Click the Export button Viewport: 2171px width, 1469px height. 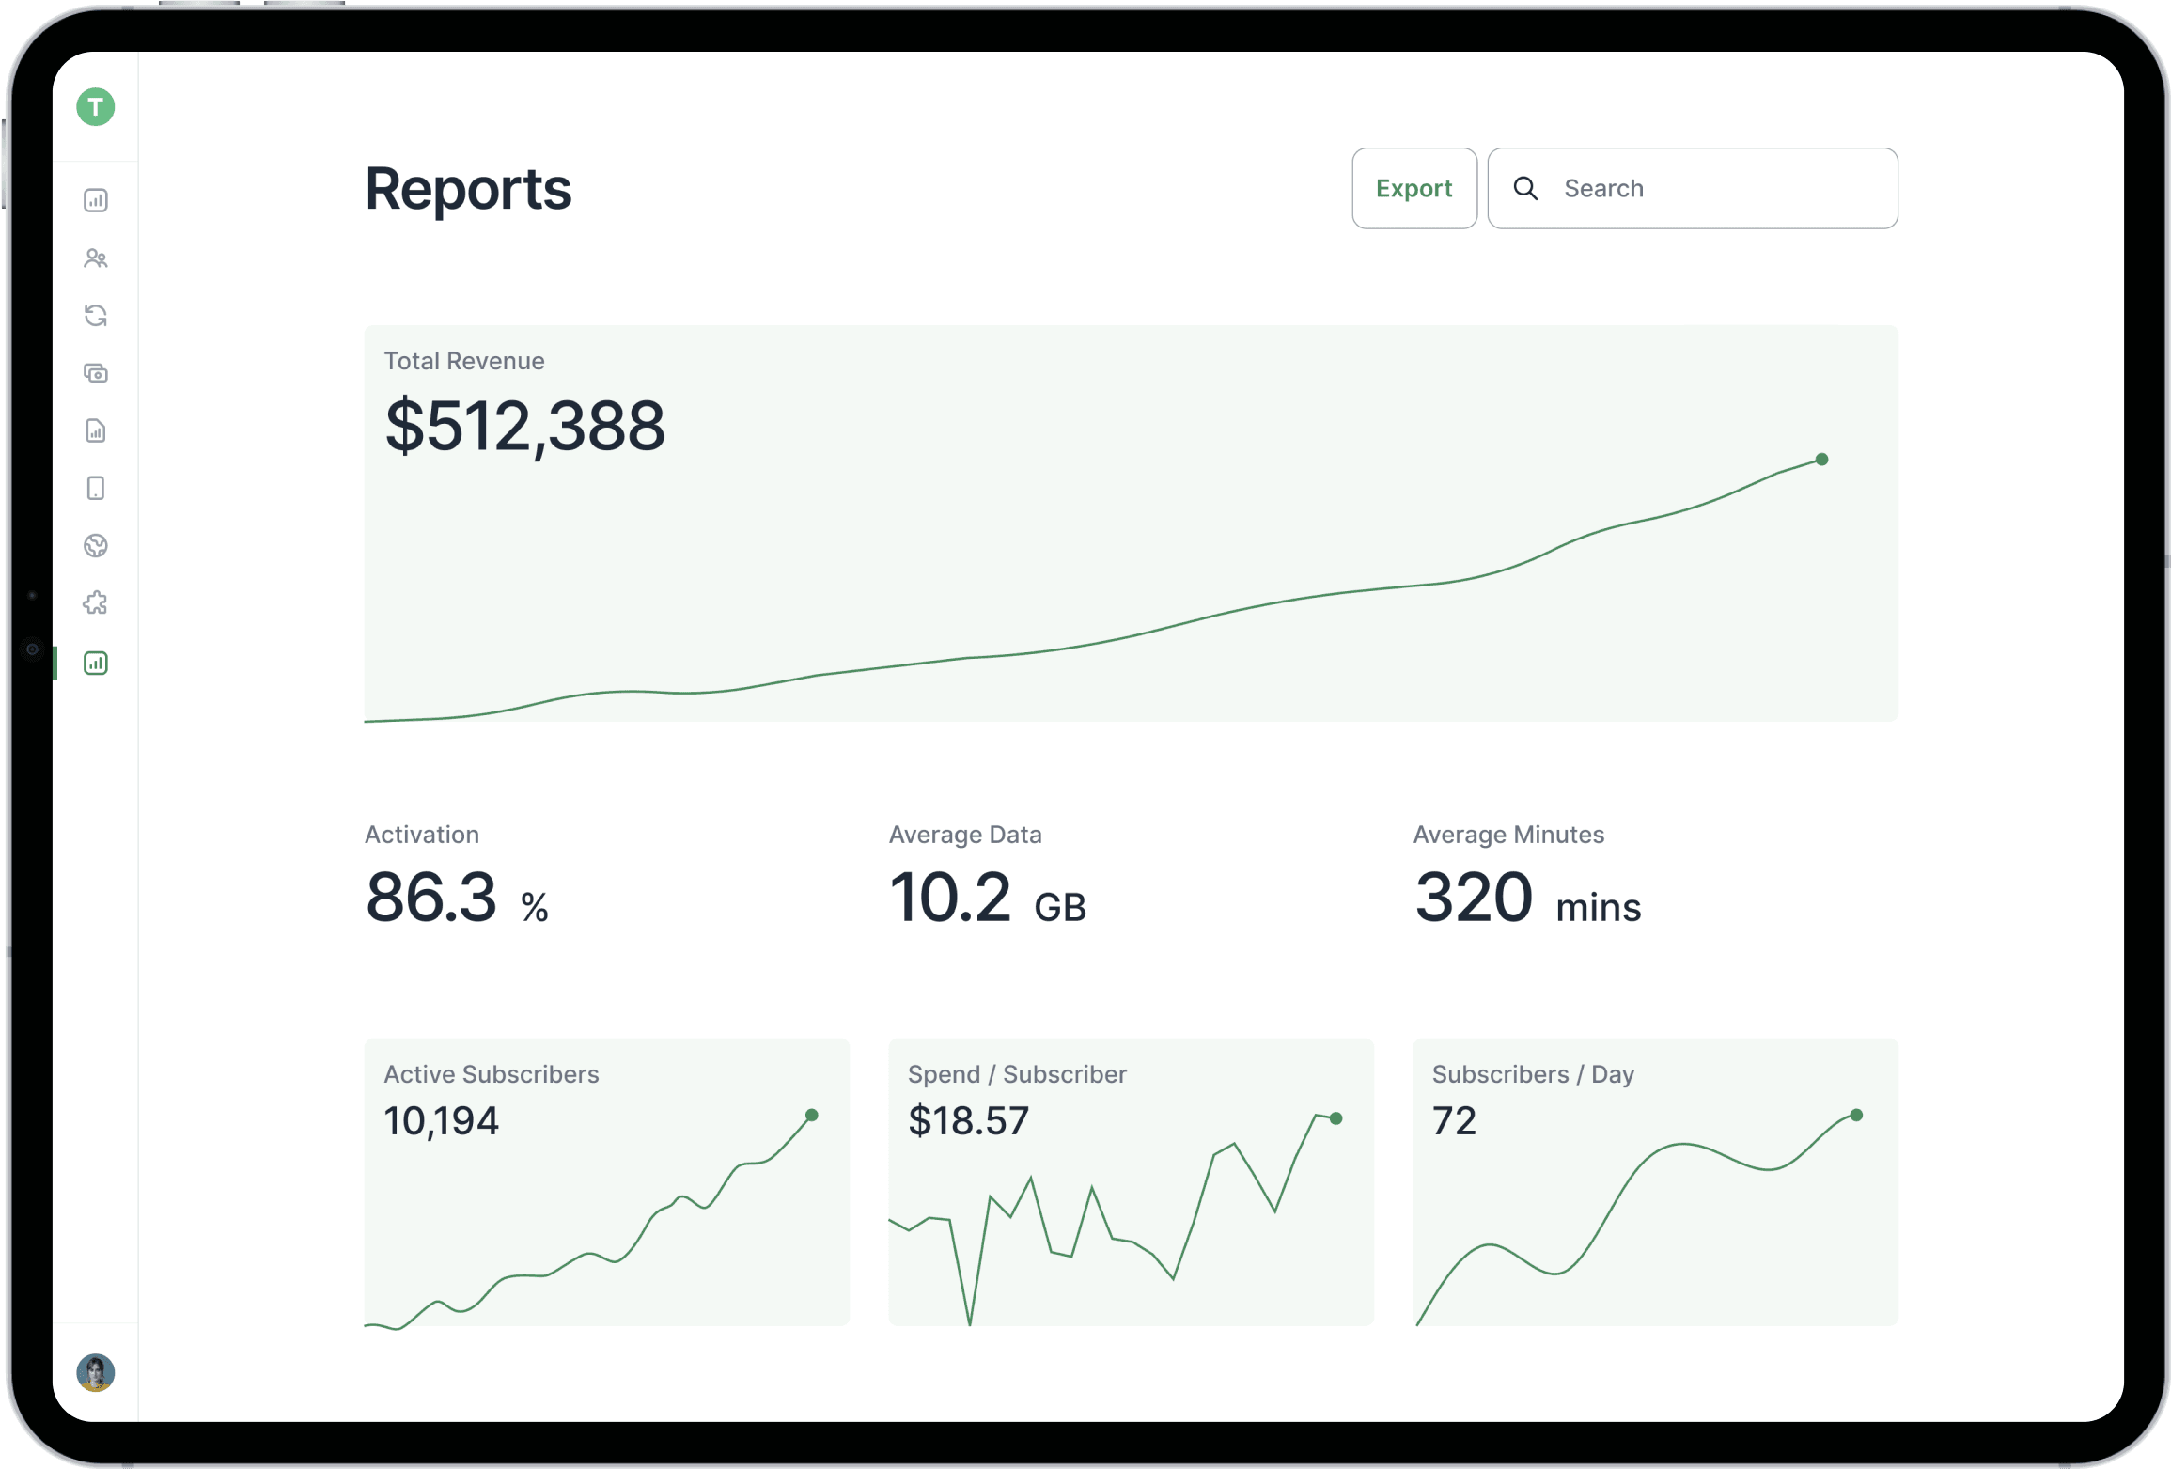pos(1413,188)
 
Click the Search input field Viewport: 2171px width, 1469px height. pos(1720,188)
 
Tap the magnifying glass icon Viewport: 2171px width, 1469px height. pos(1525,188)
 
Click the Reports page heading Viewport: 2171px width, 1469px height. pos(467,189)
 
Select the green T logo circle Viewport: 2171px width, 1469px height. pos(96,107)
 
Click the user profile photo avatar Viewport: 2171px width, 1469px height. pos(96,1372)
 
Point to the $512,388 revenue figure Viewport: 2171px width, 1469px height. pos(524,426)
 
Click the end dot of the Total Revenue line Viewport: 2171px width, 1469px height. pos(1821,460)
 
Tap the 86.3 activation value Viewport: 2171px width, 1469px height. pos(430,898)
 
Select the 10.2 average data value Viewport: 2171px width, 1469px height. pos(949,898)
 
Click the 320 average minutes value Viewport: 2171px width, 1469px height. pos(1473,898)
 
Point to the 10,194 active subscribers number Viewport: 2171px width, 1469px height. pos(441,1120)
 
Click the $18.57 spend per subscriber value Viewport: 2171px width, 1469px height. pos(968,1120)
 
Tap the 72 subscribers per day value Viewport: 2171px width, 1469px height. pos(1454,1120)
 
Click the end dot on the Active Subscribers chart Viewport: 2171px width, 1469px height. pos(812,1116)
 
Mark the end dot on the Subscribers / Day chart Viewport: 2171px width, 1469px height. pos(1856,1116)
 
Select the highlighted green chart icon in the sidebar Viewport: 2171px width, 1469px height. pos(96,663)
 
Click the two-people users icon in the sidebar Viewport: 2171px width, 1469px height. pos(96,258)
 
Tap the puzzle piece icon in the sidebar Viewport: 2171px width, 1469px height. pos(96,603)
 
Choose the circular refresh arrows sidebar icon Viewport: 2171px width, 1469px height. pos(96,315)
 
